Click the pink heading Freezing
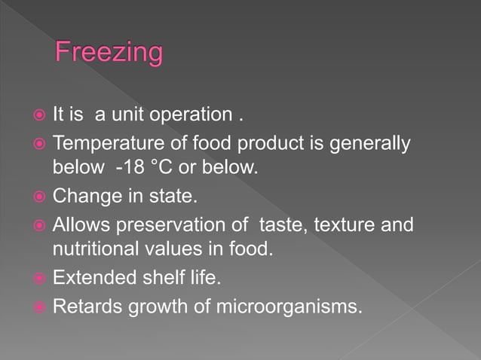109,54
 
